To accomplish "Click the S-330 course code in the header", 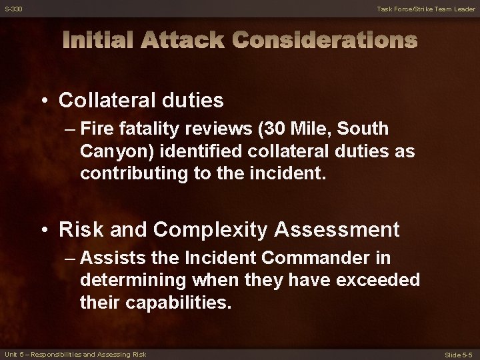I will [x=13, y=9].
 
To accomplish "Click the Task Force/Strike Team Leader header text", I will [x=426, y=9].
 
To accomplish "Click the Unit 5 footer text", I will [x=75, y=354].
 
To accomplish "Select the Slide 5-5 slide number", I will [x=459, y=355].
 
